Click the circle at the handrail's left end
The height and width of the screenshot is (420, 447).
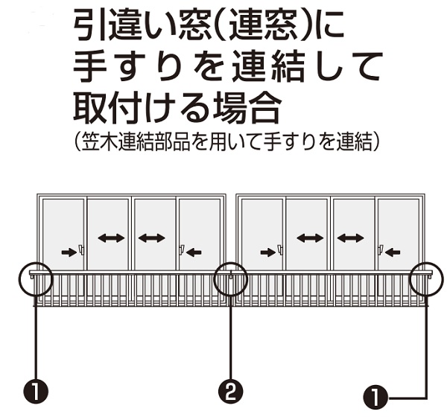pyautogui.click(x=35, y=279)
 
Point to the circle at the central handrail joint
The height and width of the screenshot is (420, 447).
pyautogui.click(x=231, y=279)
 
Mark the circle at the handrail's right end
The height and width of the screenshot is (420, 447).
pyautogui.click(x=426, y=279)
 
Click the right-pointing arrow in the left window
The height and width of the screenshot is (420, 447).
pyautogui.click(x=69, y=252)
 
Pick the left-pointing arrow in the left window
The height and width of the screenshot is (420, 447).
pyautogui.click(x=194, y=252)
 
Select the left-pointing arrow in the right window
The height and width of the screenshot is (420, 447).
pyautogui.click(x=393, y=252)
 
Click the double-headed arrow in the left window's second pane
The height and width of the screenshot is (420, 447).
pyautogui.click(x=110, y=238)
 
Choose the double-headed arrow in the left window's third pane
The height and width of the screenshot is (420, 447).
pyautogui.click(x=152, y=238)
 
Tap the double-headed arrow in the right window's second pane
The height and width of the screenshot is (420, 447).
pyautogui.click(x=310, y=238)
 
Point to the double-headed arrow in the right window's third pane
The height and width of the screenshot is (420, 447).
pyautogui.click(x=350, y=238)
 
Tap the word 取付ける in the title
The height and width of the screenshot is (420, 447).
pyautogui.click(x=150, y=109)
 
